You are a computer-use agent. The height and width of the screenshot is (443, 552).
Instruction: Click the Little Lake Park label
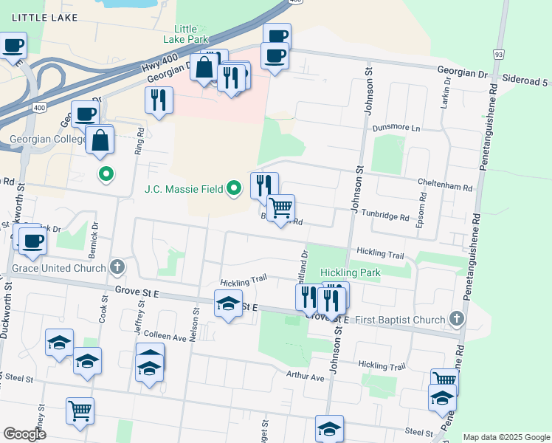tap(185, 33)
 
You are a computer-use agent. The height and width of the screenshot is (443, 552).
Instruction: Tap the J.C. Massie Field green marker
tap(235, 189)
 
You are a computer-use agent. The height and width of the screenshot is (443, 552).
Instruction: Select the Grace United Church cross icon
tap(116, 267)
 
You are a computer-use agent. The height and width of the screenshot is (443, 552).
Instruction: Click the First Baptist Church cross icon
tap(457, 319)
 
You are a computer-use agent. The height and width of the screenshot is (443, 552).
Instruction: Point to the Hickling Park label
tap(351, 272)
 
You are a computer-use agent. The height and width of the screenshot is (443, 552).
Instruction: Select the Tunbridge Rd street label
tap(384, 217)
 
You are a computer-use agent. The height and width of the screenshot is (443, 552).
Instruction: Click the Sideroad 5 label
tap(526, 77)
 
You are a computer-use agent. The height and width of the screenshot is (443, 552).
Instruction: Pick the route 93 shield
tap(499, 55)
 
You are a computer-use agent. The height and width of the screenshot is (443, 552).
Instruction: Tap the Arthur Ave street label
tap(306, 377)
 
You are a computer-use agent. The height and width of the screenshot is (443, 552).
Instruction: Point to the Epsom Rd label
tap(421, 210)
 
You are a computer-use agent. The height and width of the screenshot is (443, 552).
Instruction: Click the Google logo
tap(24, 434)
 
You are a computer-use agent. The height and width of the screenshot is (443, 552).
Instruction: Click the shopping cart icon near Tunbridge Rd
tap(281, 208)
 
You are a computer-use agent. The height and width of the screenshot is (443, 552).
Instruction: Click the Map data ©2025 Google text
tap(506, 437)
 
